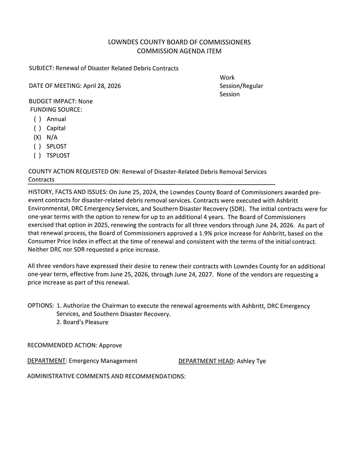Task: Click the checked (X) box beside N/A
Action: click(x=37, y=138)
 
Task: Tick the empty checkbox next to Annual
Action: click(x=37, y=119)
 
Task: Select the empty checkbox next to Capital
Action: click(x=37, y=129)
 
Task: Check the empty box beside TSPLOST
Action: click(x=37, y=156)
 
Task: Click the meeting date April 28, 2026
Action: click(x=102, y=86)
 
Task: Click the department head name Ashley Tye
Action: click(x=251, y=361)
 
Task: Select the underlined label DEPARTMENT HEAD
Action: click(x=206, y=361)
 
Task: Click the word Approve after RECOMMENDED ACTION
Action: click(x=110, y=345)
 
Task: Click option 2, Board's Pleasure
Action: click(x=82, y=322)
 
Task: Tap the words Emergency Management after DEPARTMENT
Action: click(x=103, y=361)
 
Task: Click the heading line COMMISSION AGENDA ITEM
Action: click(x=179, y=51)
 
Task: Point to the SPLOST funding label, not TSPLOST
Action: click(x=57, y=147)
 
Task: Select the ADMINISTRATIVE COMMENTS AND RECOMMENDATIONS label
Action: click(x=106, y=376)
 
